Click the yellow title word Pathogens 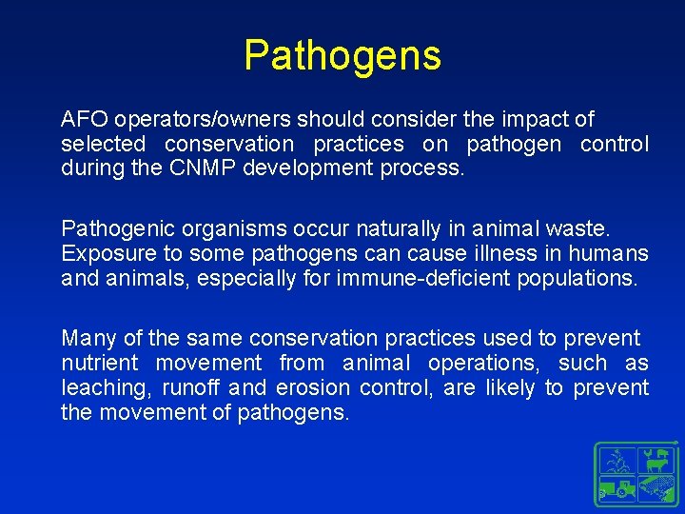[x=342, y=55]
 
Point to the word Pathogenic [x=109, y=229]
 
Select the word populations [x=577, y=279]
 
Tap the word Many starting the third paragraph [x=87, y=339]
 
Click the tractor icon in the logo [x=619, y=488]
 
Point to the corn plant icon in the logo [x=619, y=460]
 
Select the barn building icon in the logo [x=656, y=488]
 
